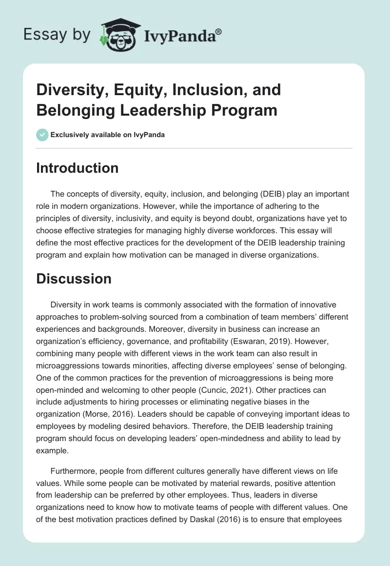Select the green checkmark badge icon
coord(42,135)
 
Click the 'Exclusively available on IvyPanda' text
coord(108,135)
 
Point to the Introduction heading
coord(77,168)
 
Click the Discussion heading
coord(74,279)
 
